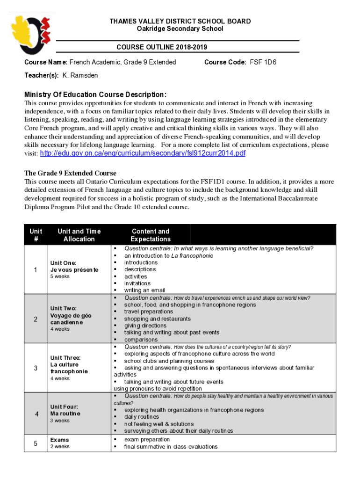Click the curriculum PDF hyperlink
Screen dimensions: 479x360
point(143,154)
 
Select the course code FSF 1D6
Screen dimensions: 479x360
point(263,62)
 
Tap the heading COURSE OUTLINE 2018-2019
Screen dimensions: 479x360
point(162,47)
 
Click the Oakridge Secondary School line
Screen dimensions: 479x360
point(180,29)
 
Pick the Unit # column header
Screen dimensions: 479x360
point(36,235)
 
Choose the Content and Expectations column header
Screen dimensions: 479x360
point(151,235)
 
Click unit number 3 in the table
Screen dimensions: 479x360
point(36,368)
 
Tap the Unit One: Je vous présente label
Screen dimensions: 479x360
point(74,266)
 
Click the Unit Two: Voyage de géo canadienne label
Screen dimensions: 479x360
point(71,315)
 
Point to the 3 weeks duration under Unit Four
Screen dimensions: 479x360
point(60,421)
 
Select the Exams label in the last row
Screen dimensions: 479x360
point(59,440)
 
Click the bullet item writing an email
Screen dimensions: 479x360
point(144,290)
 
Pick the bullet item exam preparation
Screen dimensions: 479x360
point(147,440)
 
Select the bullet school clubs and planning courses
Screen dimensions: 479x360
point(169,361)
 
